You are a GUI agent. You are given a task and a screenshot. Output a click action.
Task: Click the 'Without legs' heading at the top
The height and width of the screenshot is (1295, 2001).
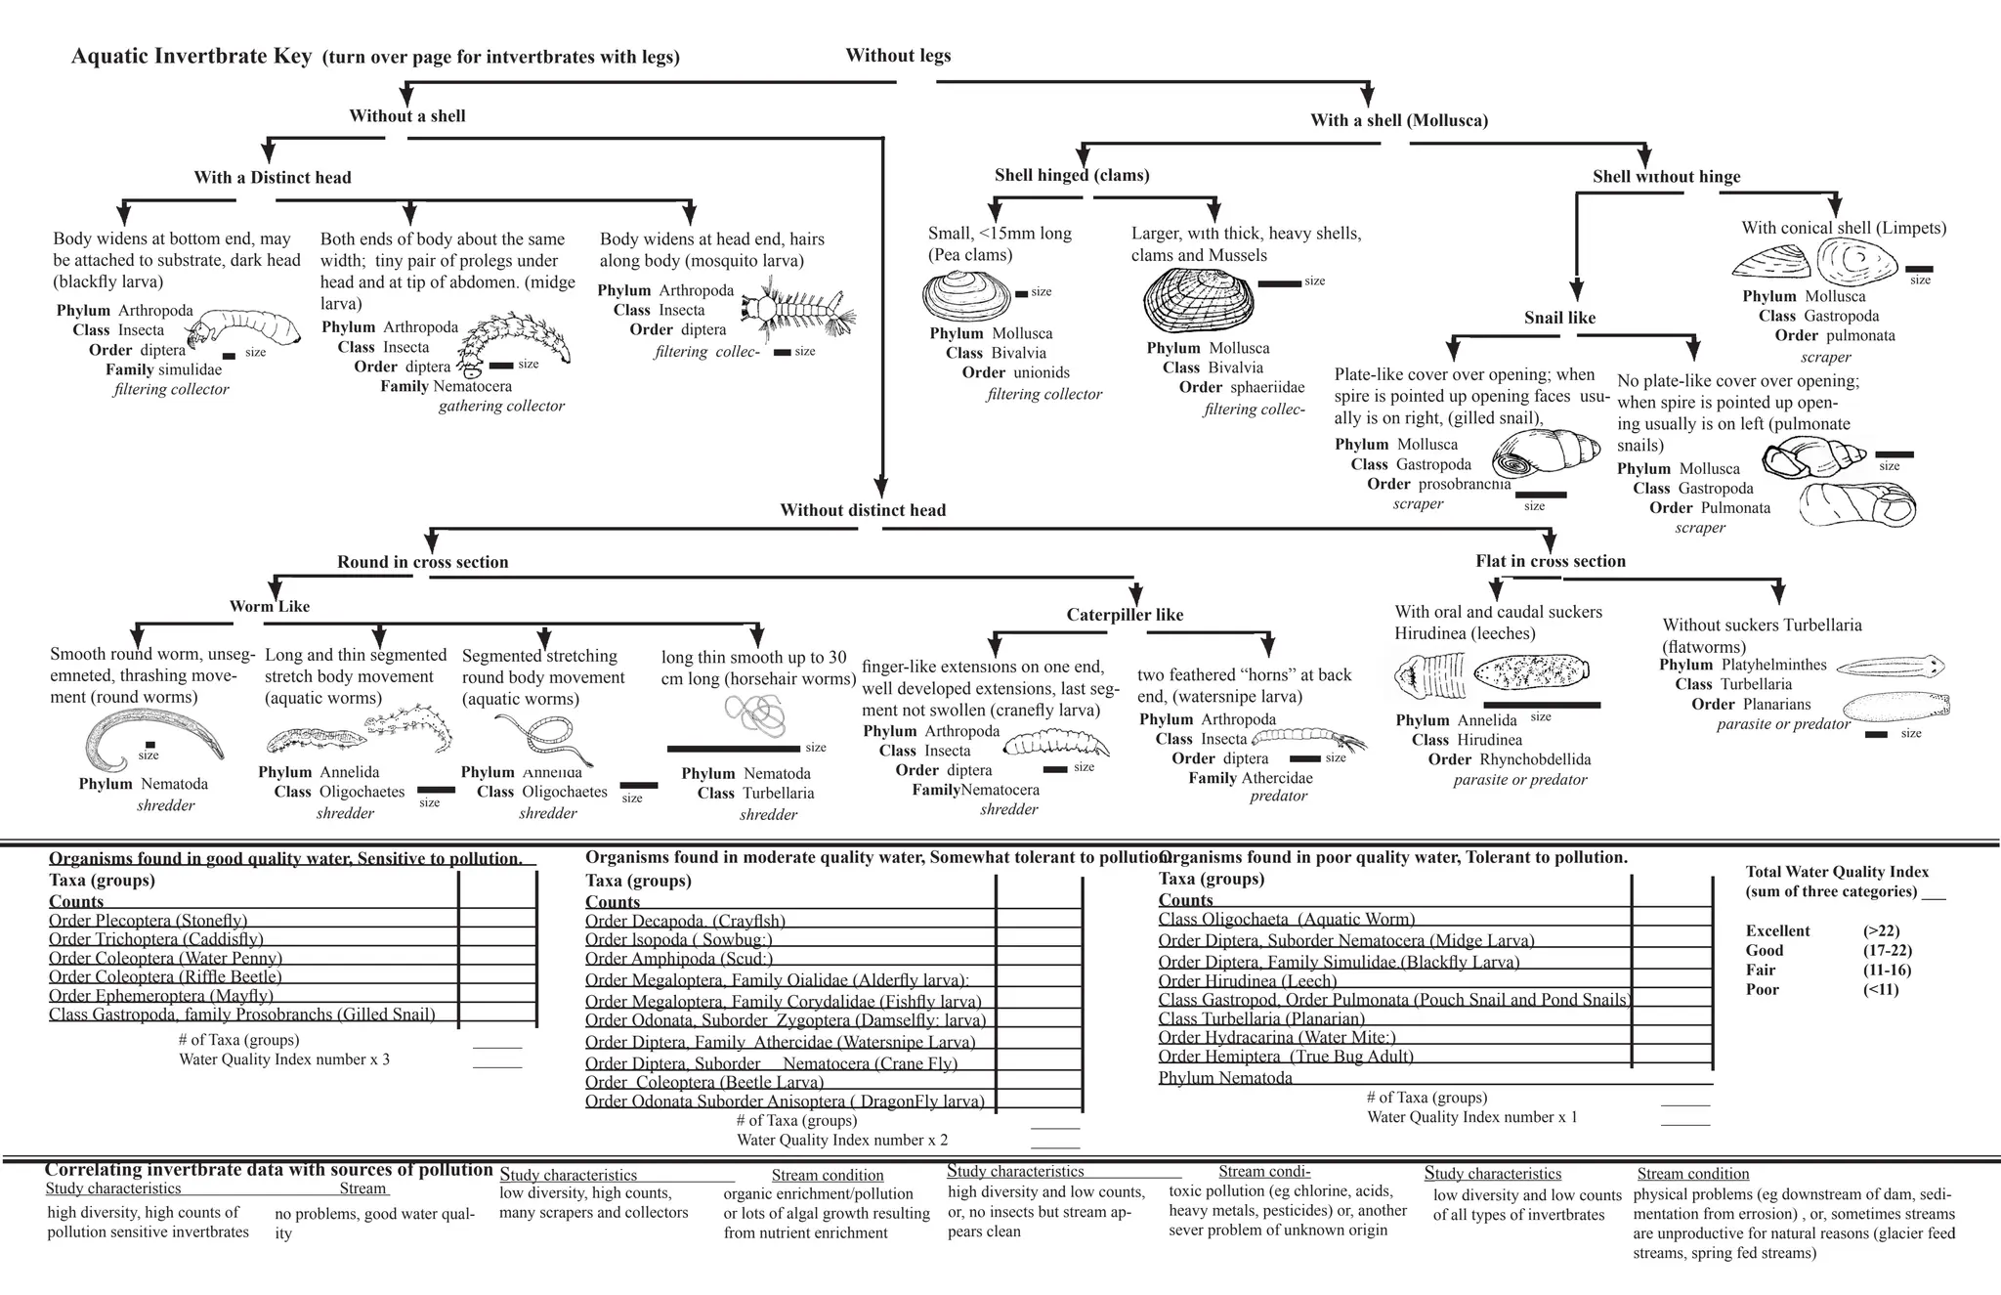[898, 56]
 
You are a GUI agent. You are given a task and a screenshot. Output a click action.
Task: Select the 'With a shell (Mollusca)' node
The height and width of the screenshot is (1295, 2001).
[1399, 120]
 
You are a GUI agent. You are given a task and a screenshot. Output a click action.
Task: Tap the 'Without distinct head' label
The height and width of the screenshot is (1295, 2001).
[863, 509]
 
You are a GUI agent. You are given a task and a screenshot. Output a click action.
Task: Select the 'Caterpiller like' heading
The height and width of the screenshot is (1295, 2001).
[1125, 615]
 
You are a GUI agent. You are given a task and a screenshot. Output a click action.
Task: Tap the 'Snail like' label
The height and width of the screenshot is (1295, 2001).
[1559, 318]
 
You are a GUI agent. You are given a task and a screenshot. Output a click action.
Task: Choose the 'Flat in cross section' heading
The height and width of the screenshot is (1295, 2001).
[1551, 561]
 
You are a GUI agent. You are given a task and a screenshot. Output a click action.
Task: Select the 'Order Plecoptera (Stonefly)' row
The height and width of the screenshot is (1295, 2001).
[149, 920]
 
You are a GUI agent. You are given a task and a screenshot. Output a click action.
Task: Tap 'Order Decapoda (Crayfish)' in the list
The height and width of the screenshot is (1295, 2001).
[685, 921]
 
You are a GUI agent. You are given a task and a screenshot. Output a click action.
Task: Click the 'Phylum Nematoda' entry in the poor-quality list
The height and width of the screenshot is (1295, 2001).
[1225, 1078]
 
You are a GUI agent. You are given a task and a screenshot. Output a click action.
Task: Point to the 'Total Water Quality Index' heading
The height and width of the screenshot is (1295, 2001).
[1837, 872]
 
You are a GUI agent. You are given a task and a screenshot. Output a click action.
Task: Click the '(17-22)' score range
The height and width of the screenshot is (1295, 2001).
[1887, 950]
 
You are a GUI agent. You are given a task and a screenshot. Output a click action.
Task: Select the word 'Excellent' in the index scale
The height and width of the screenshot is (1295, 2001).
[1777, 930]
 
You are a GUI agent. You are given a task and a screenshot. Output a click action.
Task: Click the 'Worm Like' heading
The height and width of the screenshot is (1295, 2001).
[270, 606]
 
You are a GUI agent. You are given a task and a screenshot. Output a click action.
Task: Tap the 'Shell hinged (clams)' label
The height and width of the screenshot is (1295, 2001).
[1072, 175]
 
